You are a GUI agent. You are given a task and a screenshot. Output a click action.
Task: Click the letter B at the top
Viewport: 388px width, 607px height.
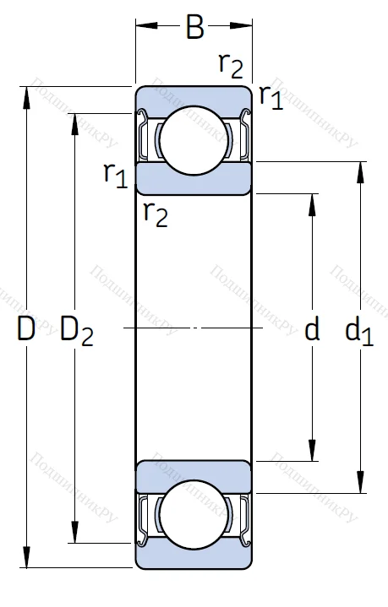click(195, 29)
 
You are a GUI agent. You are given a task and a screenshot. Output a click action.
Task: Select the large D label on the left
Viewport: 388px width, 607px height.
click(26, 330)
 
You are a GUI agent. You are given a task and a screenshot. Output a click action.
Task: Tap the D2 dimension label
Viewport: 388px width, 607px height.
click(76, 332)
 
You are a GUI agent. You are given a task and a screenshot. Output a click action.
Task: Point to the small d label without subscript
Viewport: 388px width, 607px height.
click(312, 330)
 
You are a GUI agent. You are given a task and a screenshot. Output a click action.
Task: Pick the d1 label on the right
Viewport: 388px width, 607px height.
click(358, 331)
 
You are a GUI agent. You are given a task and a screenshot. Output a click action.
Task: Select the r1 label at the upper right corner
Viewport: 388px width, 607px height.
click(271, 97)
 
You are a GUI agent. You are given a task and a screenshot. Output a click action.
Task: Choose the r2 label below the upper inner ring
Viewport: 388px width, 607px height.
click(156, 214)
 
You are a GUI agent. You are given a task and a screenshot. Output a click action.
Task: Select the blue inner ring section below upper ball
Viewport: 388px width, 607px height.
click(194, 178)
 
